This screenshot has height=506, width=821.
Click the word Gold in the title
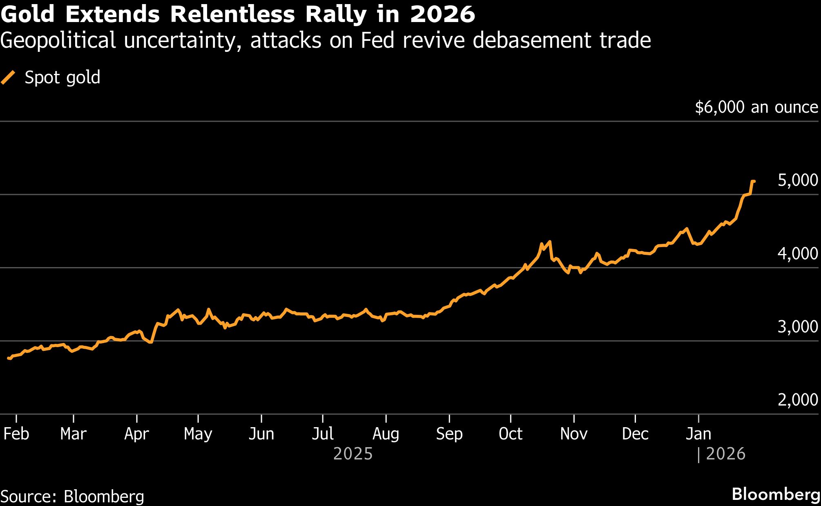[27, 15]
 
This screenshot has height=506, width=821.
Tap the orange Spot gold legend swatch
[8, 77]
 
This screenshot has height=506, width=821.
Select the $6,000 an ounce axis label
[756, 107]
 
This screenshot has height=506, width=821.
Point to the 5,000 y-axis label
[797, 180]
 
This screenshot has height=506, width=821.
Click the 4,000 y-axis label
[797, 254]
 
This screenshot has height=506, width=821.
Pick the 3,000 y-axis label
[797, 327]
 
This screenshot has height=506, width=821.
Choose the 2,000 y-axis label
[797, 400]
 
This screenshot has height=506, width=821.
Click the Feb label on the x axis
[16, 434]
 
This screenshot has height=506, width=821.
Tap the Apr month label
[136, 434]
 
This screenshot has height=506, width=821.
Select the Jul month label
[323, 434]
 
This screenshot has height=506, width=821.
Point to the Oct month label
[510, 434]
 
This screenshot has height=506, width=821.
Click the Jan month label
[698, 434]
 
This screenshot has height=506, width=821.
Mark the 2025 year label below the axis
[353, 454]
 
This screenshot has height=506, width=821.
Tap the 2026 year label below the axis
[725, 454]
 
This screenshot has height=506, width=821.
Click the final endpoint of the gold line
[754, 181]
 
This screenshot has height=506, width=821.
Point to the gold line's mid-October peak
[550, 242]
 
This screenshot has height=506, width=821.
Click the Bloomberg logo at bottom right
[776, 494]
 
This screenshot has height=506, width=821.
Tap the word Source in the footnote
[28, 497]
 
